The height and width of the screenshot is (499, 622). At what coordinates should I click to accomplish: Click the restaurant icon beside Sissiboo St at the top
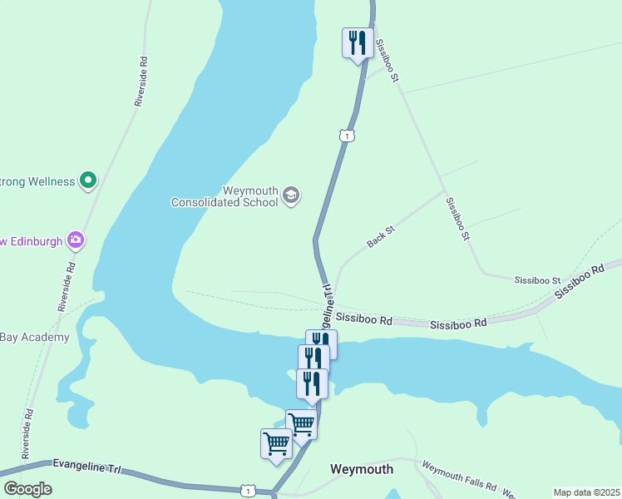(358, 42)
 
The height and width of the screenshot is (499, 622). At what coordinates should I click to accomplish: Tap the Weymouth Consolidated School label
(225, 195)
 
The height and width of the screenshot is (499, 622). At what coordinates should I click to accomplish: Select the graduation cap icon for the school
(290, 195)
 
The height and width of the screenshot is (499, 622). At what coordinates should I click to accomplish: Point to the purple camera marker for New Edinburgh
(77, 240)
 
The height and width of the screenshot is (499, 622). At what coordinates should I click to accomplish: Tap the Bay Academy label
(34, 337)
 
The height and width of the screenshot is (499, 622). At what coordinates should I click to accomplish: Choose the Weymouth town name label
(362, 469)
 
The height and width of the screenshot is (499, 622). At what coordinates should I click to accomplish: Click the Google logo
(27, 489)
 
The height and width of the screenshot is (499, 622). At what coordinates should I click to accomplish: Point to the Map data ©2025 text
(585, 492)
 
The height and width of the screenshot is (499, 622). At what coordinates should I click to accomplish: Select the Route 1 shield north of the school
(348, 135)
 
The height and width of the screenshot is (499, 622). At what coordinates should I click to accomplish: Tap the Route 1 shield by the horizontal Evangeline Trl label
(248, 491)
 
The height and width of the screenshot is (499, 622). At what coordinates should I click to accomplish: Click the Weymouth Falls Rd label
(458, 477)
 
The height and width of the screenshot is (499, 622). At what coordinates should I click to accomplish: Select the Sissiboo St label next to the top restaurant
(388, 60)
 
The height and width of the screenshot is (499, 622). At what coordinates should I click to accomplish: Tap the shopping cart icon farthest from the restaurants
(276, 443)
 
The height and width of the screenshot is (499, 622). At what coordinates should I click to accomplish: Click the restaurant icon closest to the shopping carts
(312, 383)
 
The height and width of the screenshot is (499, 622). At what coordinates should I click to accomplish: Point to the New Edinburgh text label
(32, 241)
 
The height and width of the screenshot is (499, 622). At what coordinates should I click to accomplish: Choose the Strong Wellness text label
(37, 180)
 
